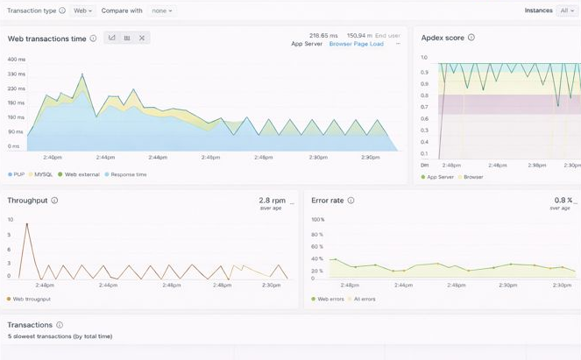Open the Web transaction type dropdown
[x=83, y=11]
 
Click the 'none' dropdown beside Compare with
[x=162, y=11]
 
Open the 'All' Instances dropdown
[x=567, y=11]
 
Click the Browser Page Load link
[x=356, y=44]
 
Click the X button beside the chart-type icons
[x=142, y=38]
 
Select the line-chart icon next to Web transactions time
[x=112, y=38]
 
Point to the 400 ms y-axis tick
[x=16, y=60]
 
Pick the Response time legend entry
[x=126, y=174]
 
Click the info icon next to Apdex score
[x=471, y=38]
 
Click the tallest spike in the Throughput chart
[x=26, y=224]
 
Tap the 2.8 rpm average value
[x=271, y=201]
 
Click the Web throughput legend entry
[x=31, y=299]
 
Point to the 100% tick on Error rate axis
[x=318, y=220]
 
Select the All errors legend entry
[x=365, y=299]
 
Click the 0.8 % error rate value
[x=563, y=201]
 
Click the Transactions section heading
[x=30, y=325]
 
